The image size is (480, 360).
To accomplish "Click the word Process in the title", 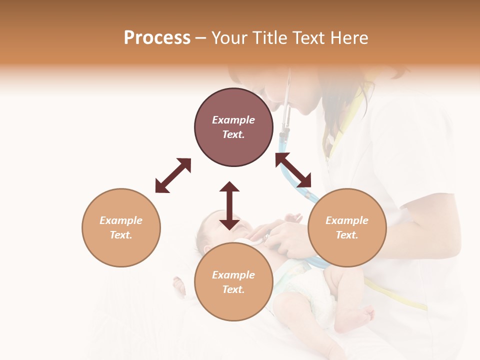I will [x=157, y=38].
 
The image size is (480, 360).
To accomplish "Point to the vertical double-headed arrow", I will [x=229, y=205].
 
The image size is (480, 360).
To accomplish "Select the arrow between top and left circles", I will [x=173, y=175].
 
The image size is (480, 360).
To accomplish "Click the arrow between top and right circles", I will [x=293, y=170].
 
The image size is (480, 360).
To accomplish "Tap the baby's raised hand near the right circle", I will [x=293, y=218].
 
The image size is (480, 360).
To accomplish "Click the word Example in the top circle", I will [x=233, y=120].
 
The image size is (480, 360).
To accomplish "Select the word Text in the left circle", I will [x=121, y=235].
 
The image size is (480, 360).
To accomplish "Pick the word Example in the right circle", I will [x=347, y=220].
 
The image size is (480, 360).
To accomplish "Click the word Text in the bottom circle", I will [x=233, y=289].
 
